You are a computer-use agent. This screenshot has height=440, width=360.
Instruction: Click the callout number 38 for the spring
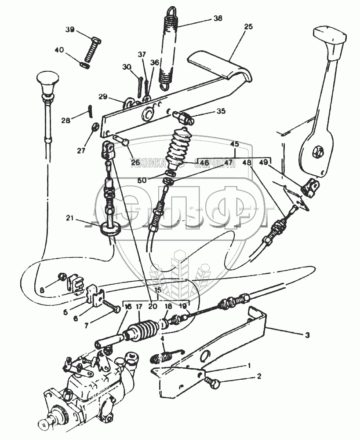[x=218, y=18]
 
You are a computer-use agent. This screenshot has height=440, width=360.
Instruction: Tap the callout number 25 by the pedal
[x=248, y=27]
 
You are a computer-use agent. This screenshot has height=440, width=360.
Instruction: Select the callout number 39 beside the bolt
[x=70, y=29]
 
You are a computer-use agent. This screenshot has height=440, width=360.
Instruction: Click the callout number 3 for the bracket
[x=307, y=335]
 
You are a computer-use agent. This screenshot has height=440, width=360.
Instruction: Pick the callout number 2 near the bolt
[x=259, y=376]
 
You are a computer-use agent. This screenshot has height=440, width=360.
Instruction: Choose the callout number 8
[x=42, y=290]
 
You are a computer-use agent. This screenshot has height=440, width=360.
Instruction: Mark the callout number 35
[x=221, y=111]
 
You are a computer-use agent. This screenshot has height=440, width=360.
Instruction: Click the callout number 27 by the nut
[x=80, y=150]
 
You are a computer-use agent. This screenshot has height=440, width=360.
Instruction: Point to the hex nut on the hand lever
[x=317, y=152]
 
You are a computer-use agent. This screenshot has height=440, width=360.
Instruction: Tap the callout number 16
[x=128, y=307]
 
